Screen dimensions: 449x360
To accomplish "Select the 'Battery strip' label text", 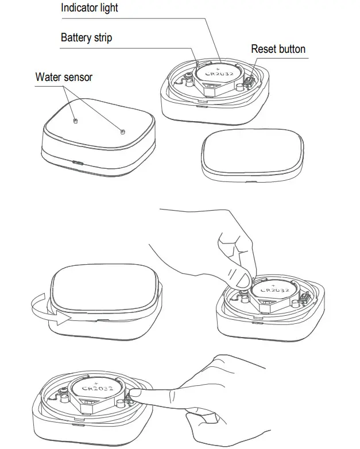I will pos(86,38).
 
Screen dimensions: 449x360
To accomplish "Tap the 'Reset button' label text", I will pos(278,49).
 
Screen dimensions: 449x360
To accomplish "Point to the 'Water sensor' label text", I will pos(63,76).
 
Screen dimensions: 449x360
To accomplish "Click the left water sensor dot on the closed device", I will pos(75,121).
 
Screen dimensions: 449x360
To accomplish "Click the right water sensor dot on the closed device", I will pos(121,131).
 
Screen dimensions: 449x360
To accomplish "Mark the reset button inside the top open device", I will pos(251,82).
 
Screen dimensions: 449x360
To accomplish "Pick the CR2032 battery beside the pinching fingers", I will pos(274,293).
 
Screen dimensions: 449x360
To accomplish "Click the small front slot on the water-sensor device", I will pos(76,162).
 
